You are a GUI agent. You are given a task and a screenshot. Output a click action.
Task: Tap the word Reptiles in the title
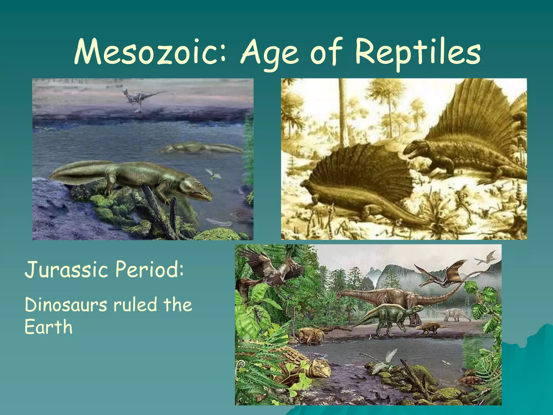tap(417, 52)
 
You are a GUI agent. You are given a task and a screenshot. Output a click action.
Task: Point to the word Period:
tap(150, 269)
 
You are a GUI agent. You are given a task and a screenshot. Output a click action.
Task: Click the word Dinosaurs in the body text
tap(66, 305)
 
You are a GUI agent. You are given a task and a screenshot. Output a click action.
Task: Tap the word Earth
tap(49, 327)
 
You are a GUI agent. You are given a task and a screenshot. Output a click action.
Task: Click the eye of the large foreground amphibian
tap(200, 186)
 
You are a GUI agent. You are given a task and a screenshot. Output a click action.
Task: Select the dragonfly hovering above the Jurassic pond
tap(383, 361)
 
